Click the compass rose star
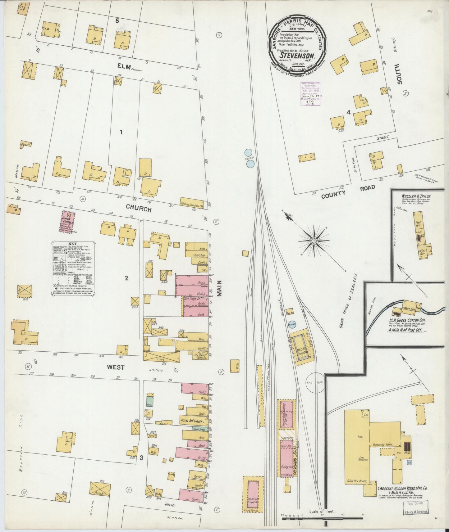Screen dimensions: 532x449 (314, 241)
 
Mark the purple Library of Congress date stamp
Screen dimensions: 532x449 (309, 93)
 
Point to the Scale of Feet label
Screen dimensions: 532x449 (321, 511)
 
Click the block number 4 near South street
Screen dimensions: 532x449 (349, 112)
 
